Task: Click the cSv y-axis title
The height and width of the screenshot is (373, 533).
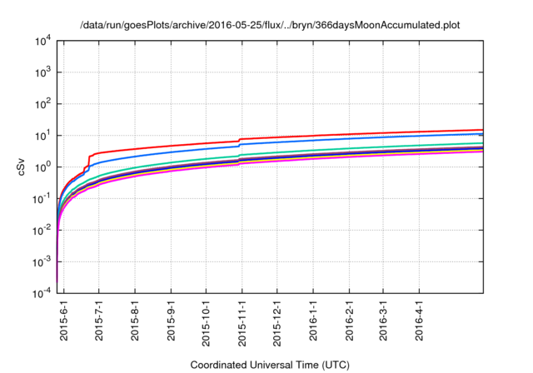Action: coord(22,167)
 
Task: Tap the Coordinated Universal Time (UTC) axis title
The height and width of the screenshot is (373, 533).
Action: coord(269,365)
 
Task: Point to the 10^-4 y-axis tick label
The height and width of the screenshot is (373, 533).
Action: coord(42,293)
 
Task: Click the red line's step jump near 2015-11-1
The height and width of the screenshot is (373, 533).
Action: coord(239,140)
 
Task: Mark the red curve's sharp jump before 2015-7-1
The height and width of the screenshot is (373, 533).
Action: coord(88,162)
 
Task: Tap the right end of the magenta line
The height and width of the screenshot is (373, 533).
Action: coord(482,152)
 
